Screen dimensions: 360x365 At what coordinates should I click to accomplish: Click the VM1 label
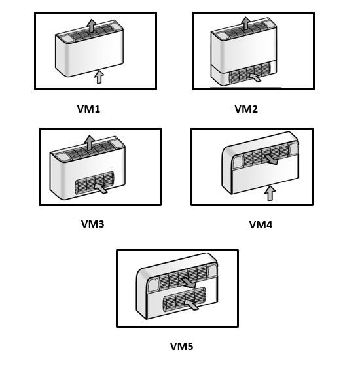(88, 109)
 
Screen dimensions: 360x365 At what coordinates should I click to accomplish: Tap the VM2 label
(246, 109)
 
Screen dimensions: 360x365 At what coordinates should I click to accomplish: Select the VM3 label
(92, 224)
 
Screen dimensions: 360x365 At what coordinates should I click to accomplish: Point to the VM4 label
(261, 224)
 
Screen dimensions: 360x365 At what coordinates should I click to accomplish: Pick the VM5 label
(181, 347)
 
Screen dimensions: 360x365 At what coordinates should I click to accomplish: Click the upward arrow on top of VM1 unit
(91, 26)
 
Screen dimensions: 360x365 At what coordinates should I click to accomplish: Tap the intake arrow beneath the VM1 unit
(99, 77)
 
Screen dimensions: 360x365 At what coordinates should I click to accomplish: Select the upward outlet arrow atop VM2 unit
(245, 24)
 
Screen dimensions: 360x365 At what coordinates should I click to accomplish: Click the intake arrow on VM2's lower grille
(255, 77)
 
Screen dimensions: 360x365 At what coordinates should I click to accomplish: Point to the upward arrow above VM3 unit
(90, 143)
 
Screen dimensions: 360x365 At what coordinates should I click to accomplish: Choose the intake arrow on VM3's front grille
(101, 188)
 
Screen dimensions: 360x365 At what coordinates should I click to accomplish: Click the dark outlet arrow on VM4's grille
(272, 160)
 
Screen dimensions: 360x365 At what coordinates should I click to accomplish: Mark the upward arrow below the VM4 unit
(270, 193)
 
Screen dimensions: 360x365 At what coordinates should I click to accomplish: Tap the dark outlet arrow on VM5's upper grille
(189, 283)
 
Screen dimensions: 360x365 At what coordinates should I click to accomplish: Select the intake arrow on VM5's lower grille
(191, 304)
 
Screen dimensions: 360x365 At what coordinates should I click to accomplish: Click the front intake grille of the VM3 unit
(94, 182)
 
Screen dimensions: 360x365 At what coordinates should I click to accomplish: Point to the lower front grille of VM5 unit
(184, 299)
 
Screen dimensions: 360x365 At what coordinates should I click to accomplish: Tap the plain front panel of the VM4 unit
(266, 179)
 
